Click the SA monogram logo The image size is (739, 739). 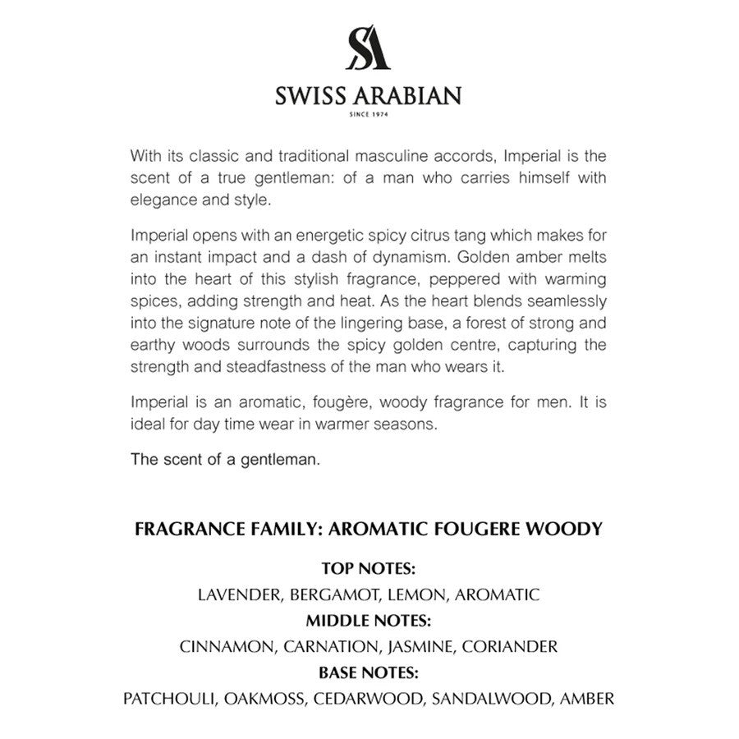click(369, 50)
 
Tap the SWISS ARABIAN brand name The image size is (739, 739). click(369, 96)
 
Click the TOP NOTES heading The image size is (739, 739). click(369, 568)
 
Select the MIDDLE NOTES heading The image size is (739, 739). click(369, 620)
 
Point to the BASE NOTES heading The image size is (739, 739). click(369, 672)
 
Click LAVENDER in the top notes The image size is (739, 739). click(236, 594)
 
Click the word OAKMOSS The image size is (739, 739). click(264, 699)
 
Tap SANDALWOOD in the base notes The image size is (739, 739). click(491, 699)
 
